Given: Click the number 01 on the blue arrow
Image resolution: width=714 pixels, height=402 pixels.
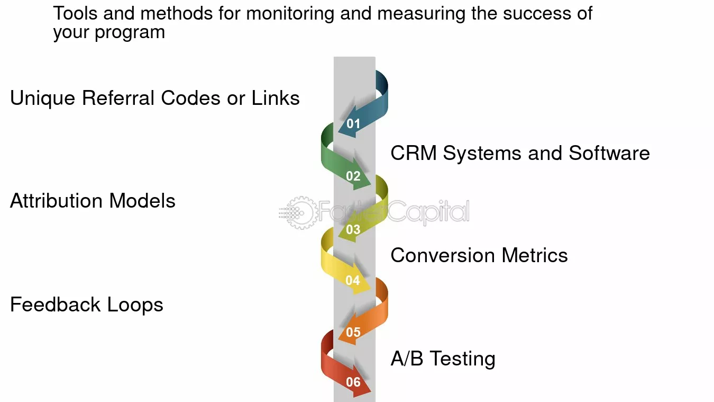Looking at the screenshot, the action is pyautogui.click(x=353, y=123).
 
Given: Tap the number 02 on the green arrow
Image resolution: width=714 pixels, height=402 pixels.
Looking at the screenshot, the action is pyautogui.click(x=353, y=176).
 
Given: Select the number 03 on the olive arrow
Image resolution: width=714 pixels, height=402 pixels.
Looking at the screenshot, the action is pyautogui.click(x=353, y=229).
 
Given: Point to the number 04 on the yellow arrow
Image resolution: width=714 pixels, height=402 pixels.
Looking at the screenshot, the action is pyautogui.click(x=353, y=280).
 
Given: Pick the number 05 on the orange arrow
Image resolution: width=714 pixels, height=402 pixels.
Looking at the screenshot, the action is pyautogui.click(x=353, y=332).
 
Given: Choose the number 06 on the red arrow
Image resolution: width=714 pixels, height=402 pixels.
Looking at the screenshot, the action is pyautogui.click(x=353, y=382).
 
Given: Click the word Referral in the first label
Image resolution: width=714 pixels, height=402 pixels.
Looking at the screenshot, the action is pyautogui.click(x=118, y=97).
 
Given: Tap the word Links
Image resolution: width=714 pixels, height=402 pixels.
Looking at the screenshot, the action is pyautogui.click(x=276, y=97).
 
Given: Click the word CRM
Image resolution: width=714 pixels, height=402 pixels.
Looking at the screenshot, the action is pyautogui.click(x=414, y=153).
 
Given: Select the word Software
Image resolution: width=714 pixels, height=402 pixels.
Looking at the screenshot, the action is pyautogui.click(x=609, y=153).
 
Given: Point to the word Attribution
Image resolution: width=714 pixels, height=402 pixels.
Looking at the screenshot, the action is pyautogui.click(x=57, y=201).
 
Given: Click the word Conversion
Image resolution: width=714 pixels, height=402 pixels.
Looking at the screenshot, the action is pyautogui.click(x=443, y=255).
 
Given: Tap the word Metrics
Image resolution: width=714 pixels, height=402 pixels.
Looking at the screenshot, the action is pyautogui.click(x=535, y=255).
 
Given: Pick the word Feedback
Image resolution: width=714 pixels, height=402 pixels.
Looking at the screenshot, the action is pyautogui.click(x=56, y=305).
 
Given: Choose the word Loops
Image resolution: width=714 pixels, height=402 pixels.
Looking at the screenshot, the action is pyautogui.click(x=135, y=305).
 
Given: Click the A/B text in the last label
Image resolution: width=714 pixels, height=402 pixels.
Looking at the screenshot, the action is pyautogui.click(x=407, y=358).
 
